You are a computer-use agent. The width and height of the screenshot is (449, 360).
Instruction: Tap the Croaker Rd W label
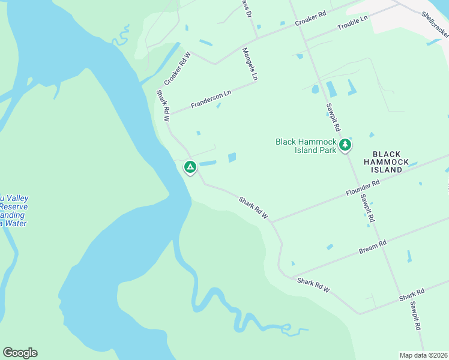click(177, 68)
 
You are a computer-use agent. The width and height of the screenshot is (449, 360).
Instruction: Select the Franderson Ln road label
click(211, 99)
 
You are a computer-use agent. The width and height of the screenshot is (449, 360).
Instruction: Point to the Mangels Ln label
click(250, 64)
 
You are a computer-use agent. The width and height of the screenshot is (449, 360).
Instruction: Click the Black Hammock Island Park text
click(306, 146)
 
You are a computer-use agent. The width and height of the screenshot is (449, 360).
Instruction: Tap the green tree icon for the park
click(345, 145)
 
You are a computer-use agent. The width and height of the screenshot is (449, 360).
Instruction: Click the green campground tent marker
click(190, 167)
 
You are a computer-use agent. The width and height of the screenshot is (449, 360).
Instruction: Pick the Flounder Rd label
click(363, 191)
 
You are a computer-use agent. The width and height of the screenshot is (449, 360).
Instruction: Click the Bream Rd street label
click(373, 245)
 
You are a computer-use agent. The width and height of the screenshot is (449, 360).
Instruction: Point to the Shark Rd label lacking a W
click(412, 295)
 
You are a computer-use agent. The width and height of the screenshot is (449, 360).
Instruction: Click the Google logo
click(20, 353)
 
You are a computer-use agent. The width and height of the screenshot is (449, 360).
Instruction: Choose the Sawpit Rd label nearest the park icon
click(333, 117)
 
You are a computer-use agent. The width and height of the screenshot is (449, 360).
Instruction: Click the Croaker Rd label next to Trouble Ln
click(310, 19)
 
